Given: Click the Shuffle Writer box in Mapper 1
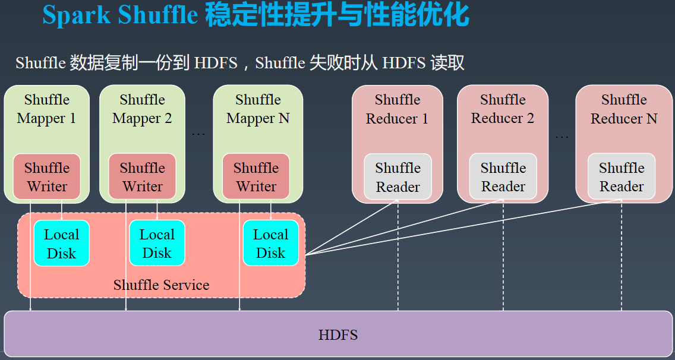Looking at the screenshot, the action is click(46, 176).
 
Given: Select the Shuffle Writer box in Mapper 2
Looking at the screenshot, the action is click(142, 176).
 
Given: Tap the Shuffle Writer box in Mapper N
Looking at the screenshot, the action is click(256, 176).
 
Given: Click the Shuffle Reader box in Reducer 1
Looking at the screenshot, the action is click(398, 176).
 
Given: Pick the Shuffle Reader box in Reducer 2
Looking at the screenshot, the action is click(503, 176).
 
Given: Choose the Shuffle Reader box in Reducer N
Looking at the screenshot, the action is click(622, 176).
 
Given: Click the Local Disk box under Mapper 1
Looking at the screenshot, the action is click(62, 244).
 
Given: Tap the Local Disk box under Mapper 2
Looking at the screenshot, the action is click(157, 244).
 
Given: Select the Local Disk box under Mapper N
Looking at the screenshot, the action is click(271, 244).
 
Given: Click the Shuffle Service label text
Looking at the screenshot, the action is click(162, 285).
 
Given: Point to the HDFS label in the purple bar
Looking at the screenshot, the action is click(338, 334).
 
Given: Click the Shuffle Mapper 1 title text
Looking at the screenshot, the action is click(46, 109).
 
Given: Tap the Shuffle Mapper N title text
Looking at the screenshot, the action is click(258, 109).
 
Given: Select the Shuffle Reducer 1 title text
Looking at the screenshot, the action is click(398, 109).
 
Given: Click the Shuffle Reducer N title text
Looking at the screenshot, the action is click(624, 109).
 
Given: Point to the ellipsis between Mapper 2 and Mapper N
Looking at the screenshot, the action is click(198, 134).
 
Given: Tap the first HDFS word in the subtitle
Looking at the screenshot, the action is click(216, 64).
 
